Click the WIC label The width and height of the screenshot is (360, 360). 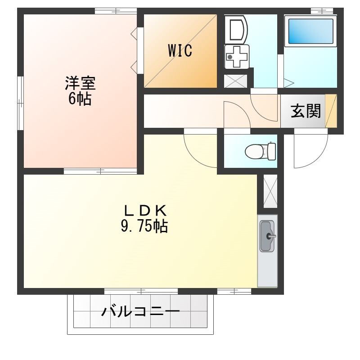click(x=180, y=50)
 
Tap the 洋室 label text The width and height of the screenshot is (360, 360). click(x=80, y=83)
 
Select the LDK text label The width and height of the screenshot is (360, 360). click(x=145, y=211)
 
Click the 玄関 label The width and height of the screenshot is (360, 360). click(x=306, y=111)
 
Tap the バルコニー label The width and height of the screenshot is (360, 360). click(x=140, y=312)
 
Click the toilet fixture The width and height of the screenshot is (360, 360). click(x=261, y=151)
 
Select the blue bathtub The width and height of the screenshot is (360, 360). click(x=310, y=31)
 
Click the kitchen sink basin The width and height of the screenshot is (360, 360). click(x=267, y=236)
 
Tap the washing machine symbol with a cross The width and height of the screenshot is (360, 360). click(x=237, y=57)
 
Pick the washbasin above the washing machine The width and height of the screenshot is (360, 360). click(x=236, y=29)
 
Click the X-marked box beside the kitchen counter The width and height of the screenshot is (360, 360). click(x=270, y=191)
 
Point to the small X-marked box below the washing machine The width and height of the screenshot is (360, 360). click(x=235, y=81)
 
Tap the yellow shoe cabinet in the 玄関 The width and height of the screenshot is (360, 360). click(x=331, y=111)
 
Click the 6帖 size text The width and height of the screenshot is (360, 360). click(x=80, y=99)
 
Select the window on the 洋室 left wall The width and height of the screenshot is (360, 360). click(x=21, y=103)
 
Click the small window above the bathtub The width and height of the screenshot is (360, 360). click(x=322, y=11)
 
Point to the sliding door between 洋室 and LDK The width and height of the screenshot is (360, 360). click(x=100, y=171)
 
